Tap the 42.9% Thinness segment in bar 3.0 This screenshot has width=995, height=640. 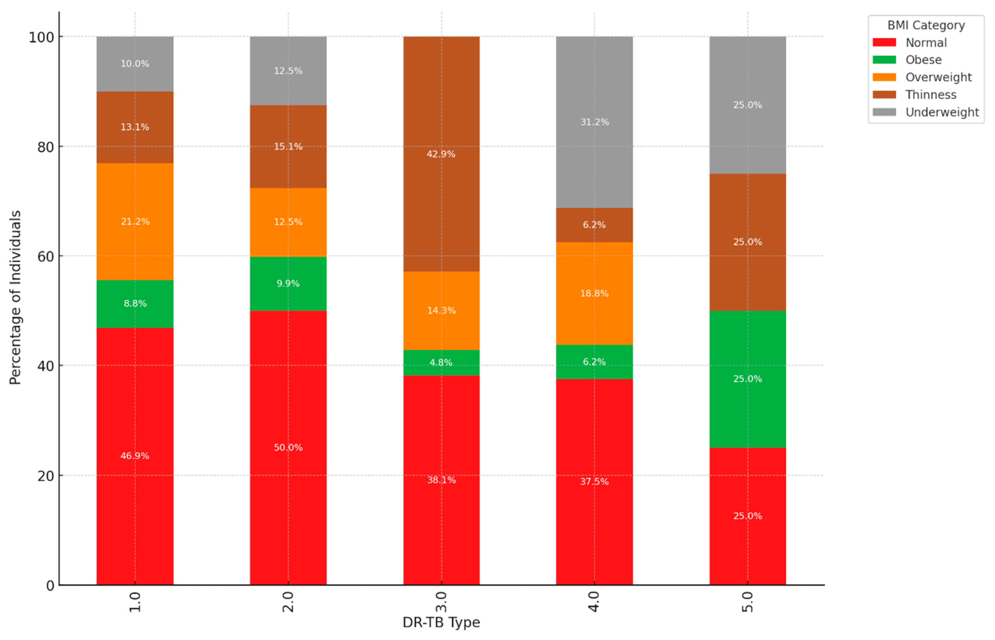pos(441,154)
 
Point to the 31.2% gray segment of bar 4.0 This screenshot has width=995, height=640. pos(594,122)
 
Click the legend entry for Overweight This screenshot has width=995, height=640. pos(938,77)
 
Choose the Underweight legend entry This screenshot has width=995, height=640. pos(942,112)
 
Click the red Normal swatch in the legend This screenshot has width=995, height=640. pos(884,43)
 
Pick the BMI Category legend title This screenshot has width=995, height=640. pos(926,25)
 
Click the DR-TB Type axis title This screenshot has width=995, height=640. pos(441,623)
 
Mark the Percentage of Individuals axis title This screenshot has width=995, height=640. pos(15,298)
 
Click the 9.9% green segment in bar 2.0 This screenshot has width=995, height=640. pos(288,284)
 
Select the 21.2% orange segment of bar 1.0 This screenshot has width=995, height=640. pos(135,221)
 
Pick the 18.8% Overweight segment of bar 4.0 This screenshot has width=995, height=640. pos(594,294)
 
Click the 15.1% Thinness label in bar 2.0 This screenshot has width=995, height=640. pos(288,146)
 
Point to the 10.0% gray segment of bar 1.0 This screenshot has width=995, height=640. pos(135,63)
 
